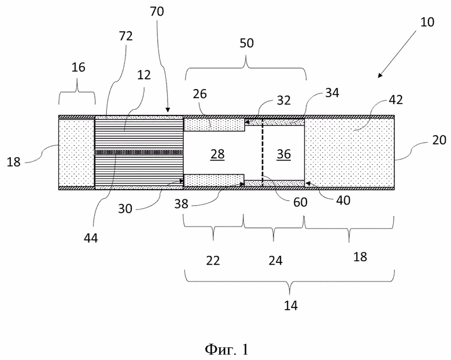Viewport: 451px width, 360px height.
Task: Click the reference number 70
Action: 157,12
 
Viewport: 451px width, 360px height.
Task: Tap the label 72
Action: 125,36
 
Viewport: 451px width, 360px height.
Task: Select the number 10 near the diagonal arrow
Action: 427,22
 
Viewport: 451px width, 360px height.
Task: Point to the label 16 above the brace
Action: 78,67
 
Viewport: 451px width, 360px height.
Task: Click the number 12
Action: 144,75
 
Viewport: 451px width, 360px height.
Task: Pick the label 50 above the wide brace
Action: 246,43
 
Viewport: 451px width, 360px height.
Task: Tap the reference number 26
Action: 200,94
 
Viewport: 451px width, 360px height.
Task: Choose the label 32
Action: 284,101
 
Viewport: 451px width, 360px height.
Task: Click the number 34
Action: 332,92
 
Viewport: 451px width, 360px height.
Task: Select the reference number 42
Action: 395,99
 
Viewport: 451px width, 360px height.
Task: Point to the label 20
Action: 439,140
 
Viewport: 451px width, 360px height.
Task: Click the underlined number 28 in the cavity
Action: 217,154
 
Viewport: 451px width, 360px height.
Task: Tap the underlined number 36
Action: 283,154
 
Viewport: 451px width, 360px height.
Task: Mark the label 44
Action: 91,238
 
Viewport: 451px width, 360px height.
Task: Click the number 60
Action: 300,202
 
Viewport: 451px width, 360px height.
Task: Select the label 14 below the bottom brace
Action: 291,305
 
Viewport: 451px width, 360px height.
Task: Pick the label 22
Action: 213,261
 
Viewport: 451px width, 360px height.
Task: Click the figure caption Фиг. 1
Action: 226,350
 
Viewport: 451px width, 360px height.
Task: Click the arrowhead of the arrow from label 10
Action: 380,75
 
